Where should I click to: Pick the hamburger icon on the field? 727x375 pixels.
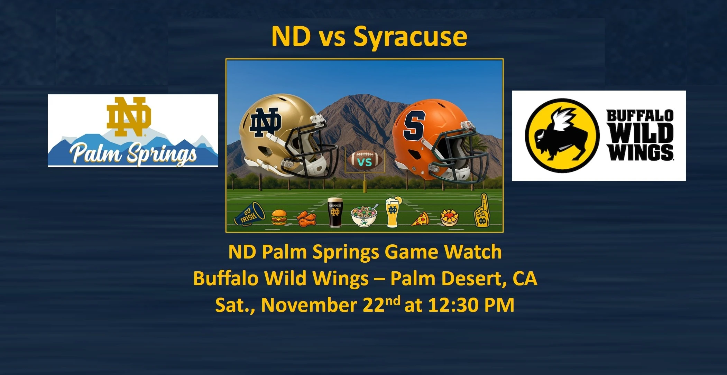tap(279, 217)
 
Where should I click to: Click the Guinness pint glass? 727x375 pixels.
tap(335, 213)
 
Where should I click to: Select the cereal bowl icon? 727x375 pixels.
tap(364, 216)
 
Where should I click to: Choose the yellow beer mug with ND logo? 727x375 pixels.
tap(393, 212)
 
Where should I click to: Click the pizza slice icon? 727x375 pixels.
tap(420, 219)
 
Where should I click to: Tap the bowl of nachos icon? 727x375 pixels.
tap(449, 217)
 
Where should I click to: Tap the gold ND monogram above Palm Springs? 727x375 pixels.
tap(129, 116)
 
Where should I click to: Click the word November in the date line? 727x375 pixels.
tap(309, 305)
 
